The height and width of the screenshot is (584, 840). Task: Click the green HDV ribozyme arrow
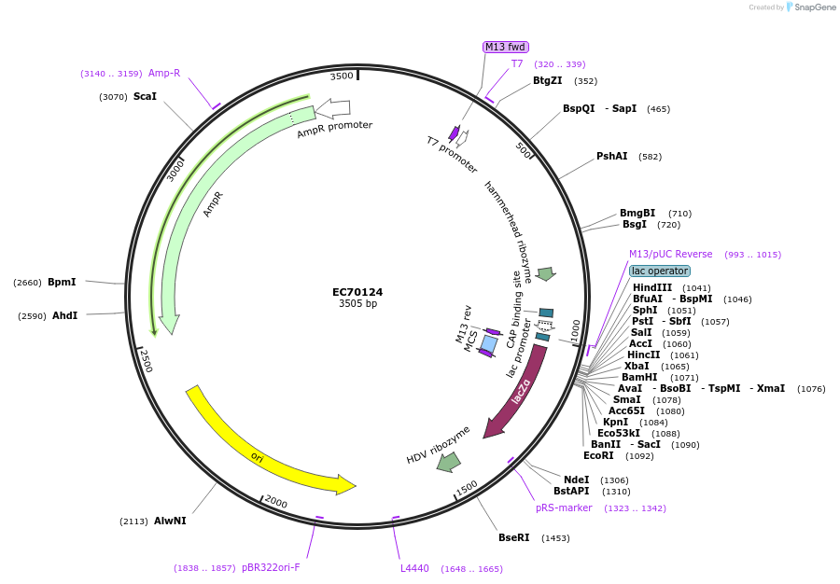[449, 461]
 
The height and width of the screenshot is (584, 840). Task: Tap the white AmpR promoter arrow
[333, 108]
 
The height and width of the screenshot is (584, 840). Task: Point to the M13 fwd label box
[505, 47]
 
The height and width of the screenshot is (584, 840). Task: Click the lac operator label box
[659, 271]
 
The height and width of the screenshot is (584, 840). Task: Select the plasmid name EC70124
[357, 292]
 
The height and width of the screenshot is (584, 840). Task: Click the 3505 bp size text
[357, 304]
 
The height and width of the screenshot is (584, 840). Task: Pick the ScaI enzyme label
[145, 96]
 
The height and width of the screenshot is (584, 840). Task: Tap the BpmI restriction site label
[62, 282]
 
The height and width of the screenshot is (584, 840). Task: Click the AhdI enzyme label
[64, 315]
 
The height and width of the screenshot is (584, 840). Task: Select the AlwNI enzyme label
[170, 521]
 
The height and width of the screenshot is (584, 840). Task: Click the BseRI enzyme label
[513, 537]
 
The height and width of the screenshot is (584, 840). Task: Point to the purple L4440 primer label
[414, 568]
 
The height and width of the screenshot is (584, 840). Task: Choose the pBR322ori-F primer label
[271, 567]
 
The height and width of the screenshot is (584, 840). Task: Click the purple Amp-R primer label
[164, 73]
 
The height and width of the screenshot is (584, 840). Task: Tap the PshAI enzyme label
[611, 156]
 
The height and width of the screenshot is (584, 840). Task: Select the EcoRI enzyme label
[598, 455]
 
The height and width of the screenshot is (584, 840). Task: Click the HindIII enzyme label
[651, 287]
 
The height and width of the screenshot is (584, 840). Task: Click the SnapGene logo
[807, 7]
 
